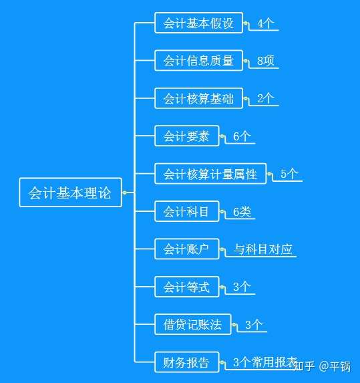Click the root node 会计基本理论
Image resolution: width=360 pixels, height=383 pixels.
coord(70,193)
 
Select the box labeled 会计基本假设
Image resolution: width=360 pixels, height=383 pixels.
coord(198,23)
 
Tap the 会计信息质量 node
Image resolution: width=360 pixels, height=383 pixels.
coord(198,60)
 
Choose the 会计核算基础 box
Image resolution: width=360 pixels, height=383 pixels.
coord(198,98)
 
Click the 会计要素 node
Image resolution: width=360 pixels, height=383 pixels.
coord(187,136)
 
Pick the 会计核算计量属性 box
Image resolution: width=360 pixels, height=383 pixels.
coord(210,174)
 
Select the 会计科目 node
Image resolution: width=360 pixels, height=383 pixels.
coord(187,211)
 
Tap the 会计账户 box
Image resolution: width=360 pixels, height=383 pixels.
coord(187,249)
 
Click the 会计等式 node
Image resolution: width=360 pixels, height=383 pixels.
coord(187,287)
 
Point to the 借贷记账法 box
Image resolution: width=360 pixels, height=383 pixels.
coord(193,324)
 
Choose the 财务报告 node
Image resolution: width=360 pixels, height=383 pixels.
coord(187,362)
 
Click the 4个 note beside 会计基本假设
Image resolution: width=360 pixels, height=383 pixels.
coord(266,23)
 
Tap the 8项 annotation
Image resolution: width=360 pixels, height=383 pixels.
coord(266,61)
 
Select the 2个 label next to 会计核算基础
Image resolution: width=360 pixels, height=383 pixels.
coord(266,98)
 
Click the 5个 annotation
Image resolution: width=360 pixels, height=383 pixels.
coord(289,174)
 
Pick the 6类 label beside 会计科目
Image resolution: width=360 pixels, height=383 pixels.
coord(242,211)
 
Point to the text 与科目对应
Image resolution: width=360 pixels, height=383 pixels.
coord(263,249)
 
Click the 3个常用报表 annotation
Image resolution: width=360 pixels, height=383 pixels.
coord(265,362)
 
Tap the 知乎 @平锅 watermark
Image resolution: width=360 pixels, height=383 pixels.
coord(323,366)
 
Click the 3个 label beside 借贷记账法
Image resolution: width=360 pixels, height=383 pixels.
coord(254,325)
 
